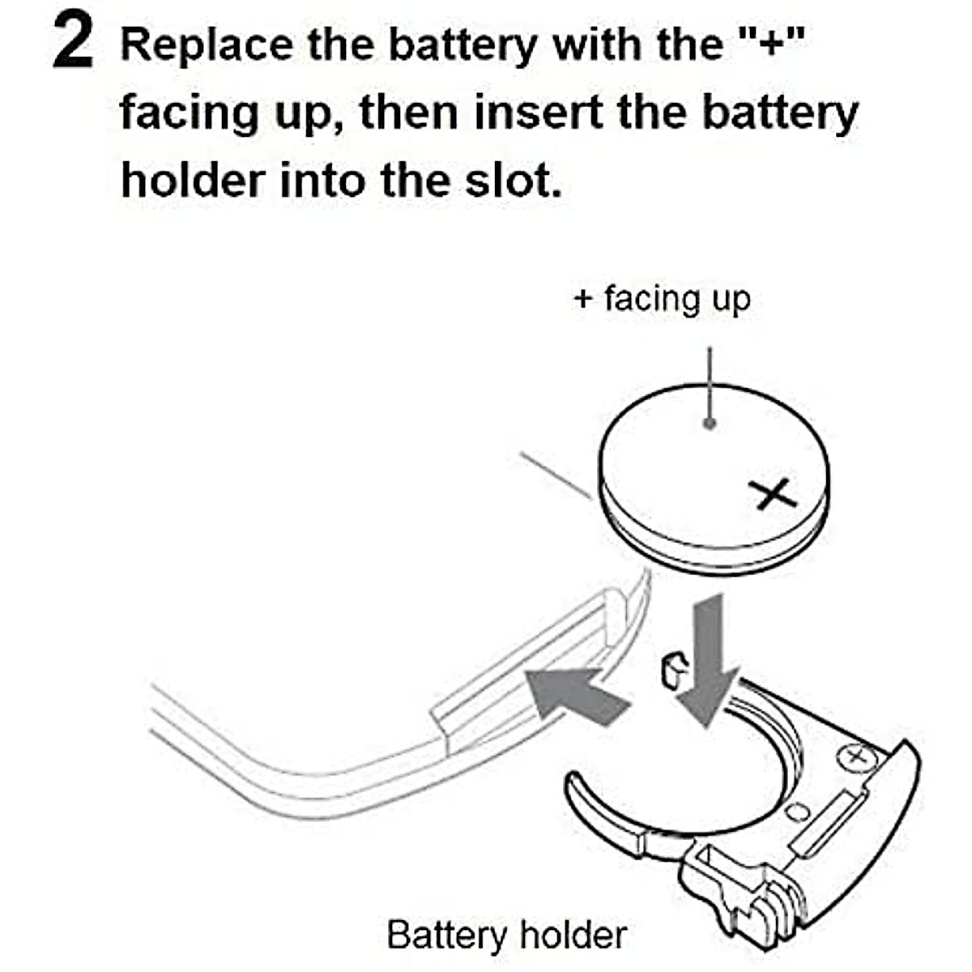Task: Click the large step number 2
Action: point(73,45)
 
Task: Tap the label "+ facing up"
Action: point(661,299)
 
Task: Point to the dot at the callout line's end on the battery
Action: point(710,424)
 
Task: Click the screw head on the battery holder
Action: point(854,757)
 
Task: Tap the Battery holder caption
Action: point(506,935)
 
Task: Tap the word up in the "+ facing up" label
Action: point(731,301)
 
